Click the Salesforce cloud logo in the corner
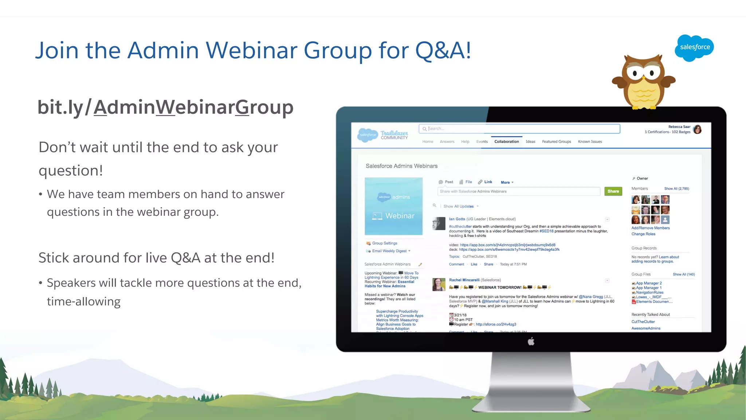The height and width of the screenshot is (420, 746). point(694,47)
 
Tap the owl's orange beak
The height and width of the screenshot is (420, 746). point(644,78)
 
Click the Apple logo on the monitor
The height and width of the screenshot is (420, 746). point(531,342)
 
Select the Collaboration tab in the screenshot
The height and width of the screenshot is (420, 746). point(506,141)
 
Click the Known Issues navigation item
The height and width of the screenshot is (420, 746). point(590,141)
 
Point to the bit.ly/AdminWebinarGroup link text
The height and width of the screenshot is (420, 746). point(165,107)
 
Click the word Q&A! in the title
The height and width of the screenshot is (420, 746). point(443,50)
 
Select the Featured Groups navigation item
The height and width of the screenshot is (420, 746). point(556,141)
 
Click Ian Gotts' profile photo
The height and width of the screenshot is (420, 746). point(439,223)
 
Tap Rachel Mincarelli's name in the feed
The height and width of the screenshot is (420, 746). point(464,280)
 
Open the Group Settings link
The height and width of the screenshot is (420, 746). point(384,243)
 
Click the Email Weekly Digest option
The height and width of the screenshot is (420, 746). point(389,251)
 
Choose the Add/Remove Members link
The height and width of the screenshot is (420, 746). point(650,228)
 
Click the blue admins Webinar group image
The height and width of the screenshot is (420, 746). point(393,206)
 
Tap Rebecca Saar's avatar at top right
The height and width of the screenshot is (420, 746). point(697,129)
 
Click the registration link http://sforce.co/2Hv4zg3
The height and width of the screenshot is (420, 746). point(496,324)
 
